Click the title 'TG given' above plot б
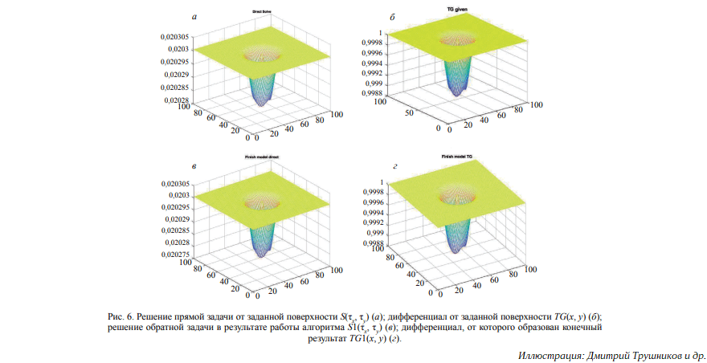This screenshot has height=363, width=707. (456, 10)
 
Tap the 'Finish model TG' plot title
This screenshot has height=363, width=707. (457, 156)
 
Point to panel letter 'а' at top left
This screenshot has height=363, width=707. (193, 15)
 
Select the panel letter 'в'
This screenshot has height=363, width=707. (193, 163)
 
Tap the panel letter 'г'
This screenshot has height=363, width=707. (395, 163)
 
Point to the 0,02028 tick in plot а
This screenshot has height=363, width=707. (174, 100)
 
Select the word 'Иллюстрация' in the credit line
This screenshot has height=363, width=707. (548, 355)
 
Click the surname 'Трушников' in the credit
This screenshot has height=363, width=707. (648, 355)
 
